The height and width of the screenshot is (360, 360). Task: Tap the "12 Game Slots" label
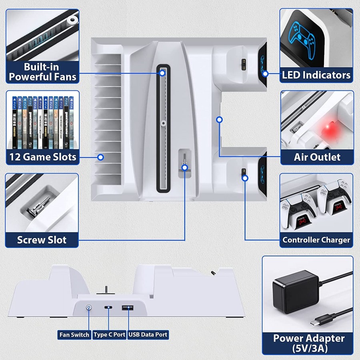click(42, 157)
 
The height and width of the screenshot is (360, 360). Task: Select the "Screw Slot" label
click(42, 240)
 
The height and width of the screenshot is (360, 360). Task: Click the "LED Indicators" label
click(316, 75)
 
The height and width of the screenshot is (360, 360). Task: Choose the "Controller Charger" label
click(316, 240)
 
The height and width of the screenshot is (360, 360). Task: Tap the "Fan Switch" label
click(74, 334)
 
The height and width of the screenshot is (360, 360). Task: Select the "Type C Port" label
click(109, 334)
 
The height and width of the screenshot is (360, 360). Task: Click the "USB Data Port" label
click(148, 334)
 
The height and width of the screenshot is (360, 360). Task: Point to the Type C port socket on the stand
click(108, 308)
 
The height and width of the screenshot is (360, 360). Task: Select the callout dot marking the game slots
click(101, 158)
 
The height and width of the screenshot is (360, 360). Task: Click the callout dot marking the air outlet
click(219, 120)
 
